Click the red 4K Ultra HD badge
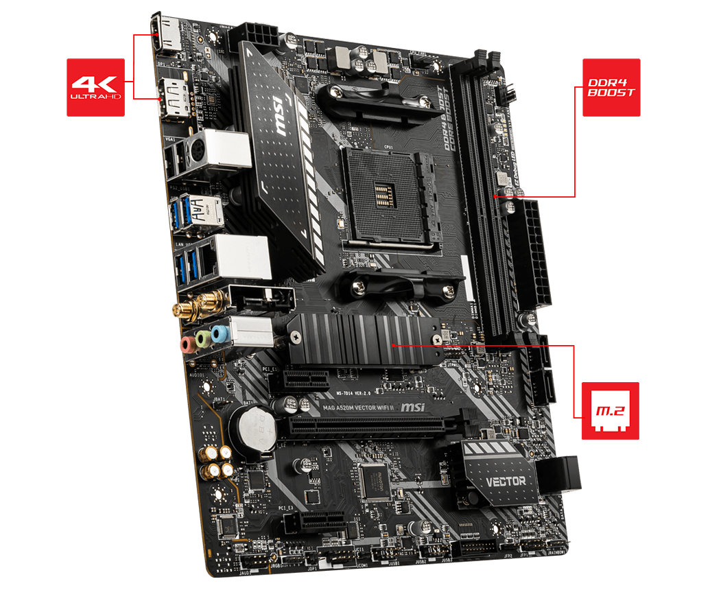[95, 86]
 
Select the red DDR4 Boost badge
[611, 86]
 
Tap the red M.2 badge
[610, 411]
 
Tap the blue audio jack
[220, 334]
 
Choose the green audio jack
[203, 338]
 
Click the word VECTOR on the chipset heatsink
[507, 481]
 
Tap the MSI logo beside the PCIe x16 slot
[412, 408]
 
